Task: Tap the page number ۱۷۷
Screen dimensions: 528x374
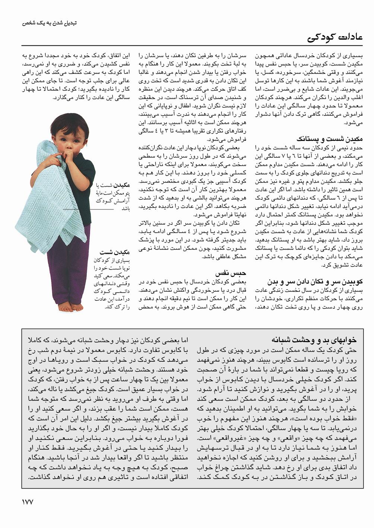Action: [26, 502]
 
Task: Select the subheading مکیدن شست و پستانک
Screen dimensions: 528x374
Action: [329, 139]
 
